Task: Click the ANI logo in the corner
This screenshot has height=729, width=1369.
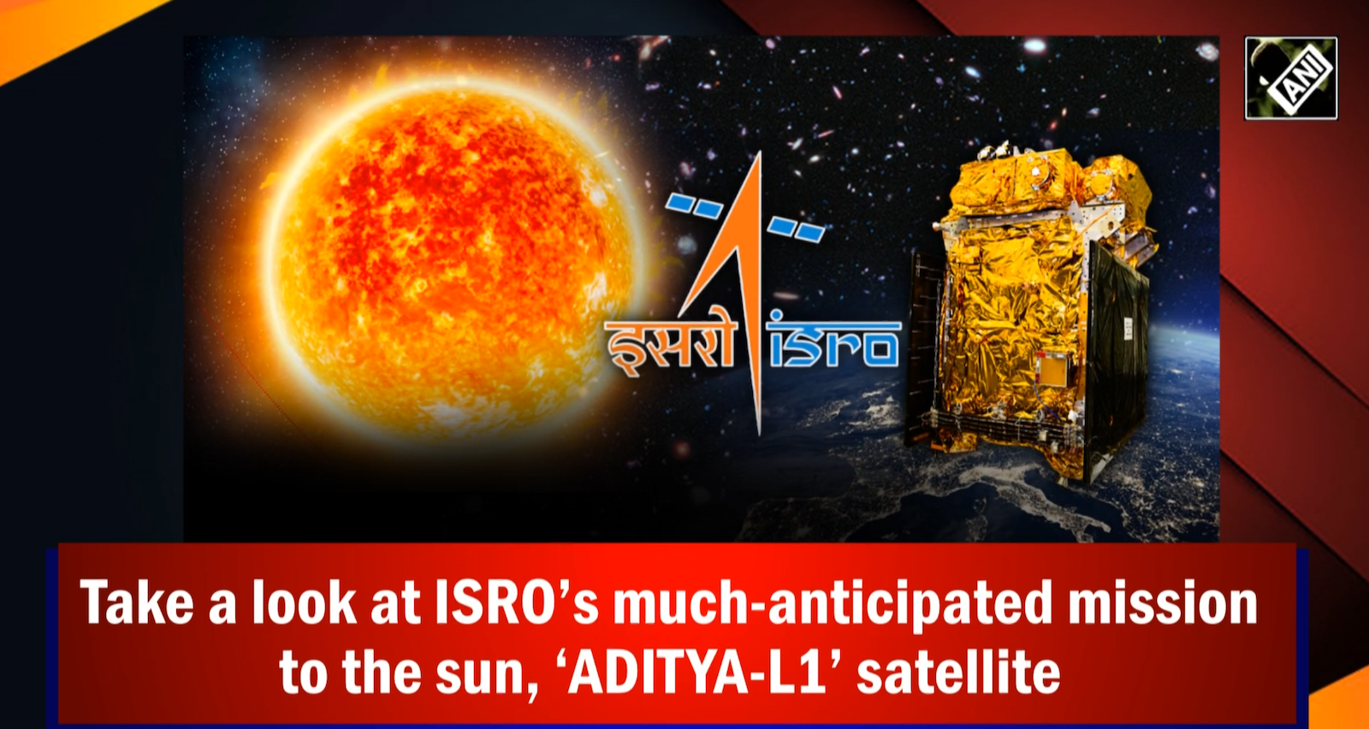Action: coord(1290,78)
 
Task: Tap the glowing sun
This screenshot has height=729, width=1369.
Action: coord(445,257)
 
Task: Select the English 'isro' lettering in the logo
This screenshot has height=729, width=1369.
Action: coord(834,344)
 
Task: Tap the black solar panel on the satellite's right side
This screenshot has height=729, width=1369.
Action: coord(1117,359)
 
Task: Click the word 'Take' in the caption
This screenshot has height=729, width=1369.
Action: coord(137,603)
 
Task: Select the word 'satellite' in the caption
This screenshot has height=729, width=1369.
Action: coord(958,673)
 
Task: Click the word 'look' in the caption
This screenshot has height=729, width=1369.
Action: coord(304,603)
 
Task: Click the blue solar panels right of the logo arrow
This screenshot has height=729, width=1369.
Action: coord(796,228)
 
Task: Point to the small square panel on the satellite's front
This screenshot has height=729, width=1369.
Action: coord(1051,370)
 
